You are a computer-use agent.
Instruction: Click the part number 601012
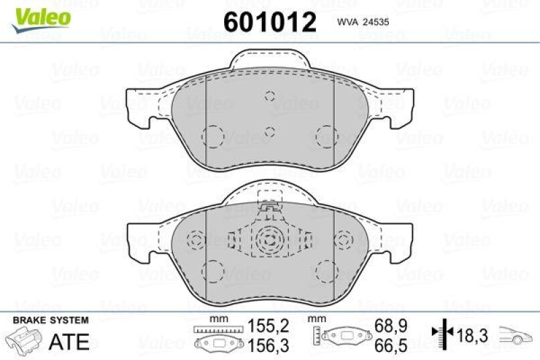[x=269, y=23]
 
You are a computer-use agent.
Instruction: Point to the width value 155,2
[x=269, y=326]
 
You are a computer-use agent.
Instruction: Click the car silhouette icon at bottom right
[x=516, y=334]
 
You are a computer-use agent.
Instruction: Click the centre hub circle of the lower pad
[x=269, y=239]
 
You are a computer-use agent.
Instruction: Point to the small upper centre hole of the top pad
[x=269, y=96]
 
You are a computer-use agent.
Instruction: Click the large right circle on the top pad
[x=326, y=136]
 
